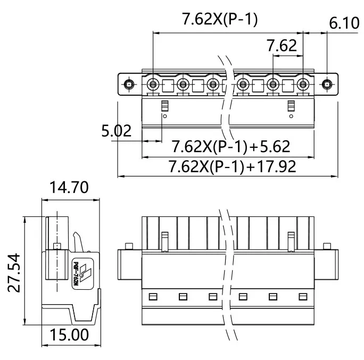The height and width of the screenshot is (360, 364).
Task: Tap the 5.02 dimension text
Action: (117, 131)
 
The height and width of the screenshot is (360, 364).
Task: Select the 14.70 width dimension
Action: (69, 187)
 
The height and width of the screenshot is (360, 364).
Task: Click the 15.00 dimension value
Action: (69, 334)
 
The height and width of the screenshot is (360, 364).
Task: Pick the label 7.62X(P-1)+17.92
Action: (232, 166)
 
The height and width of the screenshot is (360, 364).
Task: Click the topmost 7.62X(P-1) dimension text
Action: (220, 20)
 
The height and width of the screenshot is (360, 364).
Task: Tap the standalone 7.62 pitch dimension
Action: (282, 46)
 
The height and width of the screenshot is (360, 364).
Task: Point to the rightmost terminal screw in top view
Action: (303, 84)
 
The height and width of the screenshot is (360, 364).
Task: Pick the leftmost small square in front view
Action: (153, 296)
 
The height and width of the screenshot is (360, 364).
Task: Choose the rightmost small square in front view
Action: (303, 296)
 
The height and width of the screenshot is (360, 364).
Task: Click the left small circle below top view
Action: (164, 116)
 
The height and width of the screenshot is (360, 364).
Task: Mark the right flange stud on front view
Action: (327, 246)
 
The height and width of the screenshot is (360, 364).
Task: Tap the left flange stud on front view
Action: (129, 246)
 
